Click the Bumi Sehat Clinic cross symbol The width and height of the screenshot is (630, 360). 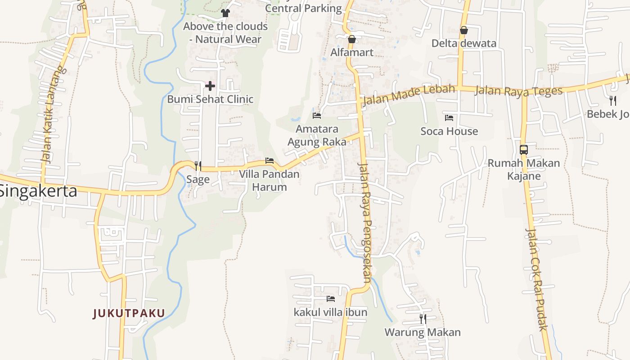click(210, 85)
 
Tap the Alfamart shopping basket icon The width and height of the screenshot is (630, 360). click(352, 39)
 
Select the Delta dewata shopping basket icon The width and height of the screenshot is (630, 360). click(463, 30)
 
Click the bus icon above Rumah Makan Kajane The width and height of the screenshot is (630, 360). click(523, 149)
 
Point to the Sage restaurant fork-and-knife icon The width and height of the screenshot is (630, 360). click(198, 166)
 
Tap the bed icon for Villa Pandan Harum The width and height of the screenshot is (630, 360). click(269, 161)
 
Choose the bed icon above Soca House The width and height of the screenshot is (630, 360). click(449, 118)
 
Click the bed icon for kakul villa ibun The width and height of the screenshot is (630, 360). click(330, 298)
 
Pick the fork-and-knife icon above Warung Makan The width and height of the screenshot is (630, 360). click(423, 319)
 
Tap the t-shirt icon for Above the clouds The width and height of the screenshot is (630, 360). click(225, 13)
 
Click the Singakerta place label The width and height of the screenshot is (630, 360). click(38, 191)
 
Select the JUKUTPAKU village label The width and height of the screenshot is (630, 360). click(129, 313)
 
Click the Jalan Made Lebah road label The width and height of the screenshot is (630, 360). click(409, 94)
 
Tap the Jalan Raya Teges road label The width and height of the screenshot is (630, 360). click(518, 90)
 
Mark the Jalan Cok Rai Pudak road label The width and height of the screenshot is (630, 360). click(536, 279)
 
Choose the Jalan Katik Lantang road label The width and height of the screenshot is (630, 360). click(53, 115)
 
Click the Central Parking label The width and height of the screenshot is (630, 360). click(303, 8)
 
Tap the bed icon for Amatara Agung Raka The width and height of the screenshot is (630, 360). click(316, 116)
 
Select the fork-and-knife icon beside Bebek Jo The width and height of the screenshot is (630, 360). click(612, 100)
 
